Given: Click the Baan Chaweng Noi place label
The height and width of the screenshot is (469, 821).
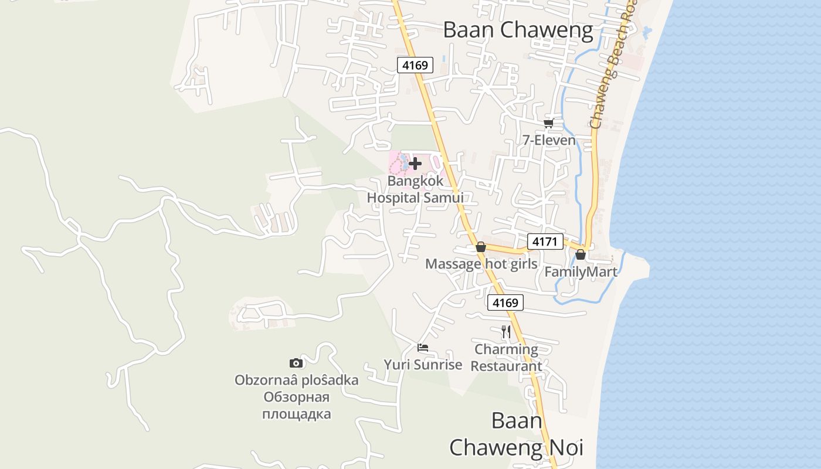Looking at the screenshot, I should (516, 434).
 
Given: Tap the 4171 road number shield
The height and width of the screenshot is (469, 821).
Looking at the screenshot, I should (545, 242).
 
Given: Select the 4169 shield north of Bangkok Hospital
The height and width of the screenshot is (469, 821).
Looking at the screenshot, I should (415, 65).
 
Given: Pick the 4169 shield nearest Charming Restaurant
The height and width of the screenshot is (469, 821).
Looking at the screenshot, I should (505, 303).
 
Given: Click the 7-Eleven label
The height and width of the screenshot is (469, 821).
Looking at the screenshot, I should (549, 141).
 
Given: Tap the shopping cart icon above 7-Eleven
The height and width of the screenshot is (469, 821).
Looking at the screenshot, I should (548, 123).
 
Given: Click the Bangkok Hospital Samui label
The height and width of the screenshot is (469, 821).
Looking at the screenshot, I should (415, 189).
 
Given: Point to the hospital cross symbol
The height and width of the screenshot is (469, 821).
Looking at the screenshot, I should (415, 163).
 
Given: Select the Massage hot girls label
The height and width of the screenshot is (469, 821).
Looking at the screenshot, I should (481, 264).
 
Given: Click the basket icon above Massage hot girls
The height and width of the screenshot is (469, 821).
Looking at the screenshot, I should (481, 247).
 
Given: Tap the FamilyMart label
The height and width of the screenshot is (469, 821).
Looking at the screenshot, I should (581, 272).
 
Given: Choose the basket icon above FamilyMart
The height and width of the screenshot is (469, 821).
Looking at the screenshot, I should (581, 254).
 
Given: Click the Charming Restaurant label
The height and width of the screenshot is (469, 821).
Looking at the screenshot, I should (506, 358).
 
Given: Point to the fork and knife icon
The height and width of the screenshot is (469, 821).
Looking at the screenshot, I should (506, 332).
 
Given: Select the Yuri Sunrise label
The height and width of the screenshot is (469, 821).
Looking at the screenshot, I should (423, 365).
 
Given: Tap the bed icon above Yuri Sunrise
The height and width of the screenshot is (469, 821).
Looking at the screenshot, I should (423, 348).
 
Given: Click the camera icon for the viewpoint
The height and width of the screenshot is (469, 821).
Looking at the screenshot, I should (296, 363).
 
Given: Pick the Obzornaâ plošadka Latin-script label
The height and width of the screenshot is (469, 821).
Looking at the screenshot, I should (296, 380).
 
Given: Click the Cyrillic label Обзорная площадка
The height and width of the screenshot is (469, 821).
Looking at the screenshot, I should (296, 406).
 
